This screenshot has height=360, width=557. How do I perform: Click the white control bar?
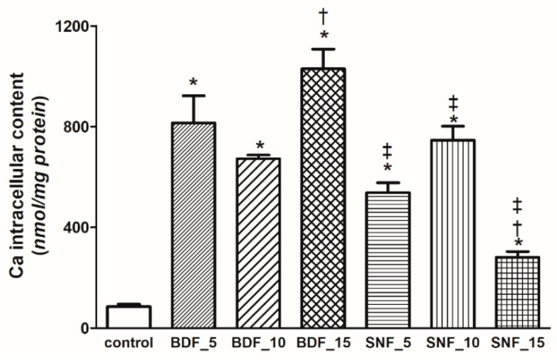(x=128, y=317)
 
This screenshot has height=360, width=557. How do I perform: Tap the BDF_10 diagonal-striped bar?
(x=258, y=243)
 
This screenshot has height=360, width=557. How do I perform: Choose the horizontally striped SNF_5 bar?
(x=387, y=260)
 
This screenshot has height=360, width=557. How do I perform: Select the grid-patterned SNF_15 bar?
(x=517, y=292)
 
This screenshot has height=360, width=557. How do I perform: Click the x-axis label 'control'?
(x=128, y=344)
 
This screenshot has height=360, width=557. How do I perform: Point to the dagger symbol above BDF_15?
(x=323, y=16)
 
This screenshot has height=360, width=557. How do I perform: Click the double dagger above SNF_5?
(x=387, y=150)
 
